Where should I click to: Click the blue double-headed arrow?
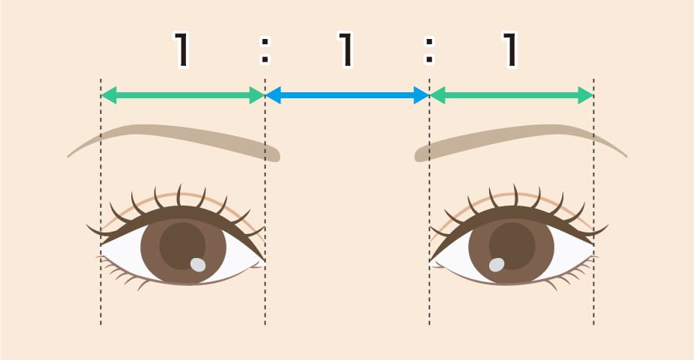click(x=347, y=95)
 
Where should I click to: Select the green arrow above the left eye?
click(x=183, y=95)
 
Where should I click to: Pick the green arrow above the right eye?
click(x=511, y=95)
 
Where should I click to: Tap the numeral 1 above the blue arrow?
click(x=346, y=49)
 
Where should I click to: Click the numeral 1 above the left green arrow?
click(x=181, y=49)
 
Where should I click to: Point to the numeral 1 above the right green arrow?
click(x=510, y=49)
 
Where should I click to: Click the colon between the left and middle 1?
click(x=265, y=50)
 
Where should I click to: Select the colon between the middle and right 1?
click(x=429, y=50)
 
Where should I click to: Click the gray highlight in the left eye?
click(x=198, y=265)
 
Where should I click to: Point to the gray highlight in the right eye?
click(x=497, y=265)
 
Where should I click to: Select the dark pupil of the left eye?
click(x=182, y=245)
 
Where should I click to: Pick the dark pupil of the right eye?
click(x=512, y=245)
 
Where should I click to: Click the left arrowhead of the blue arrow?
click(x=273, y=95)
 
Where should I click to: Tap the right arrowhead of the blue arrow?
click(x=422, y=95)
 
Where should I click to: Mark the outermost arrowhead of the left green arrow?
click(x=109, y=95)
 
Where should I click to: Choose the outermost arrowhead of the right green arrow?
click(x=585, y=95)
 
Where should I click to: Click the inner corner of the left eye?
click(x=264, y=261)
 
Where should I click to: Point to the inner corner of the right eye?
click(x=430, y=261)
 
